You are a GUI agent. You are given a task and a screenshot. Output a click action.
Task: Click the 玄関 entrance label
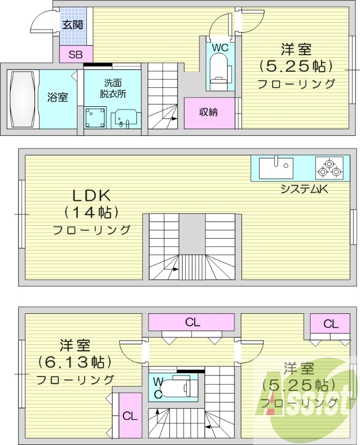click(72, 24)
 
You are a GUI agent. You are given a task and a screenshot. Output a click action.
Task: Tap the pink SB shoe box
click(73, 55)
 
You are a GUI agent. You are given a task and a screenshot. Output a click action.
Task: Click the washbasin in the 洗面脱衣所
click(124, 118)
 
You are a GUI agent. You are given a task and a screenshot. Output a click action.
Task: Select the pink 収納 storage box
click(209, 112)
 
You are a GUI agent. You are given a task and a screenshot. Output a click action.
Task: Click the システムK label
click(304, 189)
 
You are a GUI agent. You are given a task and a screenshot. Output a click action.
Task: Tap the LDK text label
click(91, 195)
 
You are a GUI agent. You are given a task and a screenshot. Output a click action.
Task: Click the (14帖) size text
click(91, 212)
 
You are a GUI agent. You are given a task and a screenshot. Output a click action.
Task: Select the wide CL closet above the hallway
click(193, 322)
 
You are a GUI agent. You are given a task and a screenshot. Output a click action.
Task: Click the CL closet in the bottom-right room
click(331, 323)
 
